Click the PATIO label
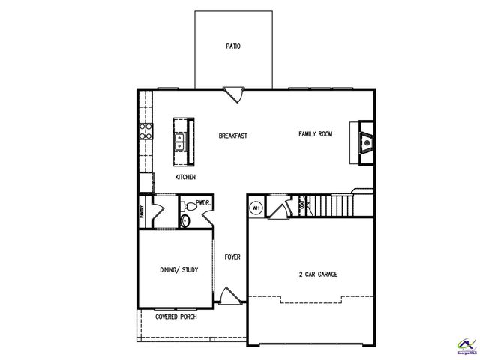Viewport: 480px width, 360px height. tap(233, 46)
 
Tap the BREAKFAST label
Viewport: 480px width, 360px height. tap(233, 136)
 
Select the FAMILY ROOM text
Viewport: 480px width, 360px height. tap(315, 134)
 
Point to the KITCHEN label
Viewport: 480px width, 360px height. tap(185, 178)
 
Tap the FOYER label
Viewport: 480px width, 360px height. tap(232, 256)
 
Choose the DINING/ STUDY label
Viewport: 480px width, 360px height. tap(179, 270)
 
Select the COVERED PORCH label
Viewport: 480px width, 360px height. tap(176, 317)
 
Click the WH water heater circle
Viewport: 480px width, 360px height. tap(256, 208)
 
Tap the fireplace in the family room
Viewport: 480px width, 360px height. tap(364, 140)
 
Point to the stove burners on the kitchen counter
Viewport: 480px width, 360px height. tap(145, 135)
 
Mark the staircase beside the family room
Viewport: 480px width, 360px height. tap(330, 203)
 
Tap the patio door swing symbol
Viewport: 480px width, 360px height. tap(234, 95)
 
